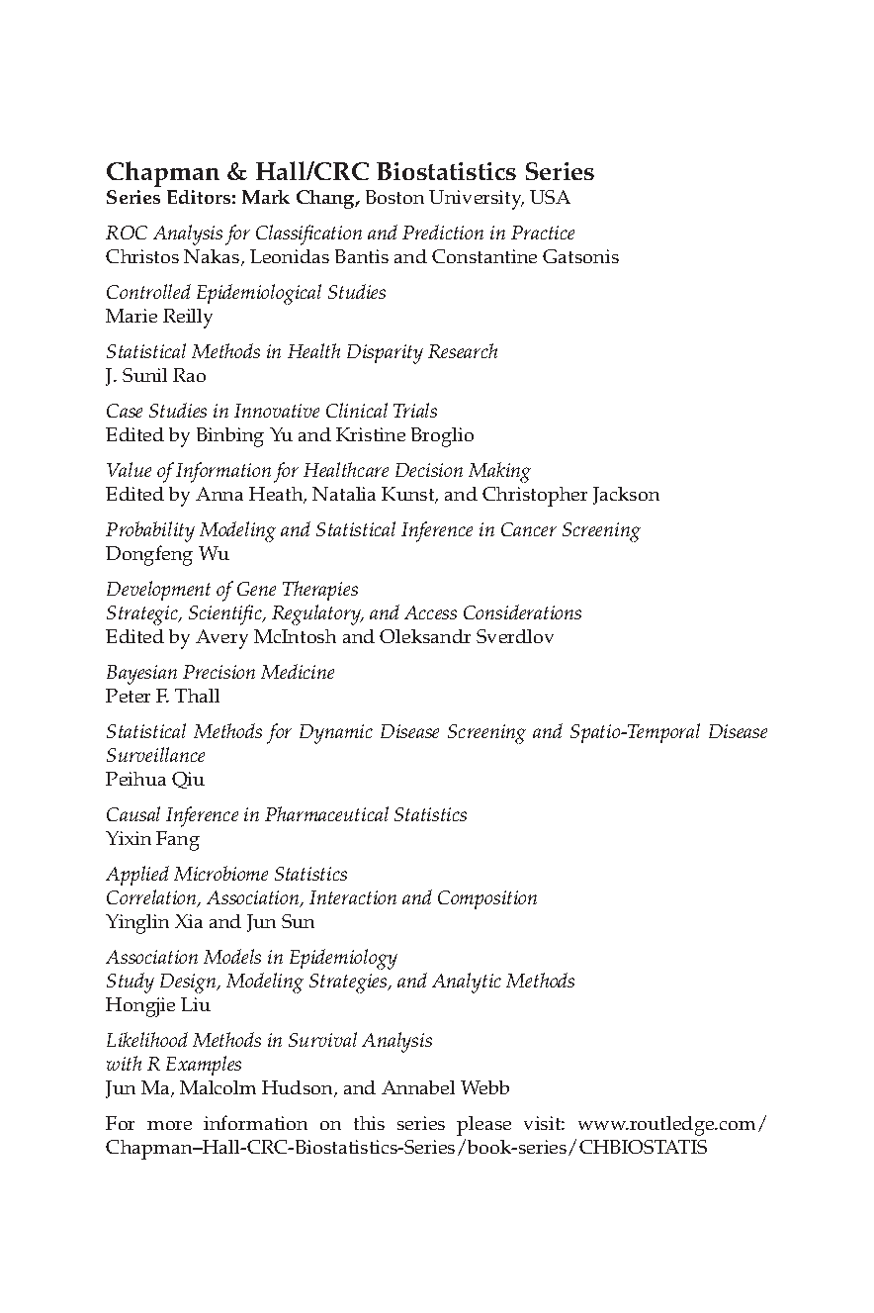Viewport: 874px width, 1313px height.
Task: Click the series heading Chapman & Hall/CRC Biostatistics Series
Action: (350, 172)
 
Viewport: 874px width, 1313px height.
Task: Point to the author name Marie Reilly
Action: (159, 317)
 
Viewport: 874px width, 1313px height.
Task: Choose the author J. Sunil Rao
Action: (156, 376)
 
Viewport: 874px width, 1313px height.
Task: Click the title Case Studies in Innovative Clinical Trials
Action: (271, 412)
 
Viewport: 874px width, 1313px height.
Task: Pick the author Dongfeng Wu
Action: (167, 554)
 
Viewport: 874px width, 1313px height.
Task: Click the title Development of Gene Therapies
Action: (232, 590)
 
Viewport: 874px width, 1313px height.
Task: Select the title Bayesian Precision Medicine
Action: (220, 673)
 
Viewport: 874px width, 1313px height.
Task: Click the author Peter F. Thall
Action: (163, 697)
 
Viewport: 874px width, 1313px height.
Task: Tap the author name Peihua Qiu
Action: (155, 780)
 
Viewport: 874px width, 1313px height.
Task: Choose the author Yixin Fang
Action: (152, 839)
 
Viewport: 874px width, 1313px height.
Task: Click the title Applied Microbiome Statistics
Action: (226, 875)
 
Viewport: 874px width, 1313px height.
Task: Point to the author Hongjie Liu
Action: (158, 1005)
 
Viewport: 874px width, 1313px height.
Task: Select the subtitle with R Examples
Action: (174, 1065)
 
